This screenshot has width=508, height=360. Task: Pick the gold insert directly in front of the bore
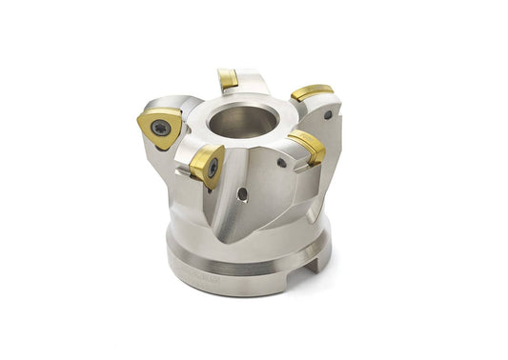click(206, 165)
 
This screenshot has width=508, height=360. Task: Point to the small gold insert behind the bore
click(228, 79)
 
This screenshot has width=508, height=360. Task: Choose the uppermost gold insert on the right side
click(312, 92)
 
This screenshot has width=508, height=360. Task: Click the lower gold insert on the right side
click(307, 146)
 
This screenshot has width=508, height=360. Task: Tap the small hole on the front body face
click(242, 193)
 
